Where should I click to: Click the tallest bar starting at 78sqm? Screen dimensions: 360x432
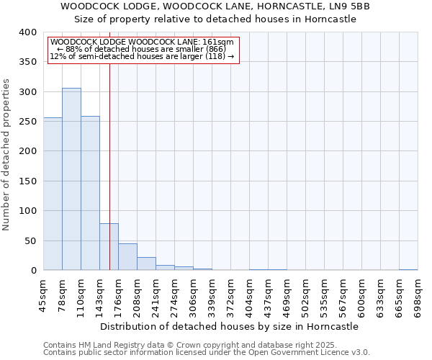(71, 179)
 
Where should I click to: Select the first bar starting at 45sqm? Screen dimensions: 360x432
(53, 194)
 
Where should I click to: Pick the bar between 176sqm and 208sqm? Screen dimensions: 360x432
(127, 257)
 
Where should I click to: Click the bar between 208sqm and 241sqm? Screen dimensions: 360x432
(146, 264)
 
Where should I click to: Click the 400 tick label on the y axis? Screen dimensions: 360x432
(27, 32)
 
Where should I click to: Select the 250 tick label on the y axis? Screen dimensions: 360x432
(27, 122)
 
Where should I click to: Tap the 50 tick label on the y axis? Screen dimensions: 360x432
(30, 240)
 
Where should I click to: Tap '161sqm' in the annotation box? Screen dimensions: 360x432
(218, 42)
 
